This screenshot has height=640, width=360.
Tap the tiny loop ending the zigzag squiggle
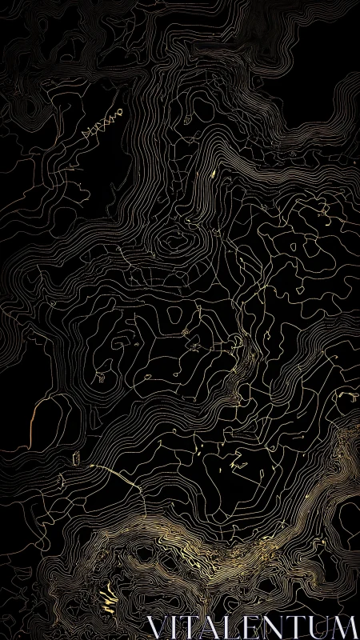click(121, 111)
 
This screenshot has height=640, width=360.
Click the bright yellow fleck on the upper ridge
click(214, 171)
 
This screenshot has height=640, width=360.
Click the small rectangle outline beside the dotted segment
click(77, 458)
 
